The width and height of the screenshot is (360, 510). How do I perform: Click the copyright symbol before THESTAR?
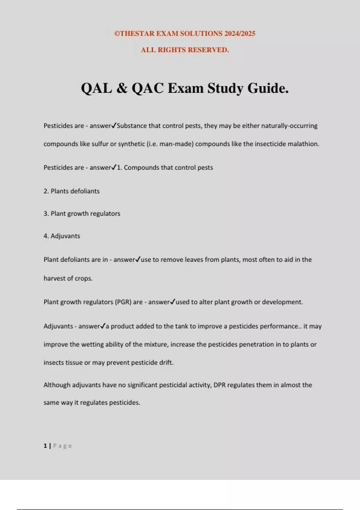117,34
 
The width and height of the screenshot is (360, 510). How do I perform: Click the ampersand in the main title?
121,88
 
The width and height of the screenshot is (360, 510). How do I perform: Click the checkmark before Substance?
114,125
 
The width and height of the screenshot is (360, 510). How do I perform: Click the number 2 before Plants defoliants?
46,191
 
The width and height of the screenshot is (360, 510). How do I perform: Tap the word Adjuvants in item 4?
65,236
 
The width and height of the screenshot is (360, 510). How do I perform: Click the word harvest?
54,278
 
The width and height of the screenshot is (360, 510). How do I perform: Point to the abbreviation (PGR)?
123,302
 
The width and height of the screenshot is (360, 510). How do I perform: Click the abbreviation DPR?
219,385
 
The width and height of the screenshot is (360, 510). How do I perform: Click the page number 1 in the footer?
45,446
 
